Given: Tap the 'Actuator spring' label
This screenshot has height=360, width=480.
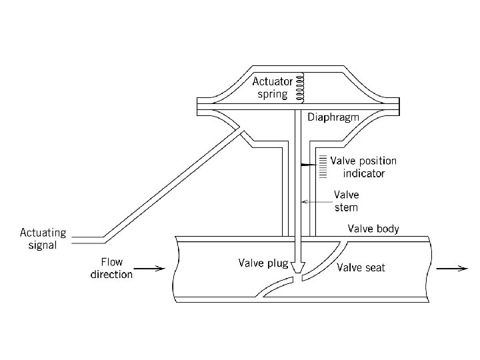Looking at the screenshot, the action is point(273,87).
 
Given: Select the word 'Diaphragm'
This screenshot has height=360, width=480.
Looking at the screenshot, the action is point(333,117).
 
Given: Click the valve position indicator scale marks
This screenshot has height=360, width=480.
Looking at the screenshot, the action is point(322,167).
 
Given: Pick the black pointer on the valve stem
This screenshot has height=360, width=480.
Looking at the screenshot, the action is point(307,163).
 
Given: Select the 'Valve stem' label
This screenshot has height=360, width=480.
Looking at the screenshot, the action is point(346,201).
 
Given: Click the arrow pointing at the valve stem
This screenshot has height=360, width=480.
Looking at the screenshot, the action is point(316,201).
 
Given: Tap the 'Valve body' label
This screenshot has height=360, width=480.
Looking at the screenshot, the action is point(373,229).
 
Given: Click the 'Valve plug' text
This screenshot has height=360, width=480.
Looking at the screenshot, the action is point(263,263).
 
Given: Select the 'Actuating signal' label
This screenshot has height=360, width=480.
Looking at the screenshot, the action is point(43,239).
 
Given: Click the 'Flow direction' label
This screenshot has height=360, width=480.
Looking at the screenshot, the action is point(111,268).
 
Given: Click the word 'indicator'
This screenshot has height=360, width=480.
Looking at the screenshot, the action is point(361,173).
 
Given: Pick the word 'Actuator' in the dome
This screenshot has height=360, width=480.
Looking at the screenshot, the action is point(273,81).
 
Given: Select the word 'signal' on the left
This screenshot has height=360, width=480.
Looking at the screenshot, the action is point(43,245).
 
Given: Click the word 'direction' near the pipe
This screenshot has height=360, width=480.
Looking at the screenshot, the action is point(111,274).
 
